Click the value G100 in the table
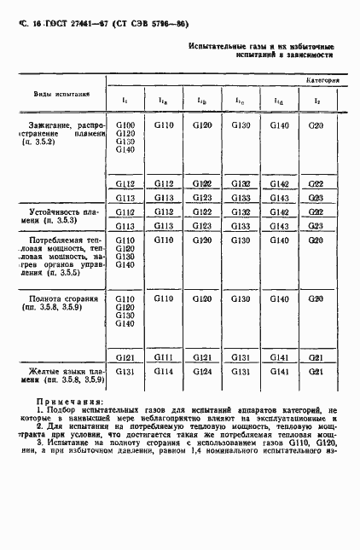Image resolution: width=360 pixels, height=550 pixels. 125,125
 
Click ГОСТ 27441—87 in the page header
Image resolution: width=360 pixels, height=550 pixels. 55,26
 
